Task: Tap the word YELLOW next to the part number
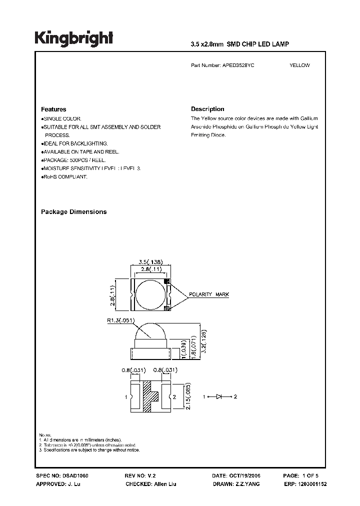click(299, 65)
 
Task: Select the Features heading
click(53, 109)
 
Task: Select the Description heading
click(207, 109)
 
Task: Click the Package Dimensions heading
click(73, 212)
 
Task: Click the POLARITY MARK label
click(209, 294)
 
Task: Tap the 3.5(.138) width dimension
click(150, 261)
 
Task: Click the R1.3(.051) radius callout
click(123, 321)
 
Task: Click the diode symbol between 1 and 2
click(219, 396)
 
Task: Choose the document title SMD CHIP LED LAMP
click(258, 44)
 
